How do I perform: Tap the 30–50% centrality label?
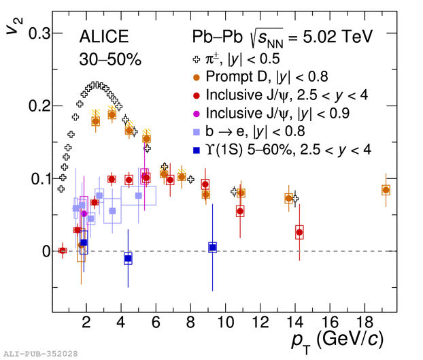tap(109, 60)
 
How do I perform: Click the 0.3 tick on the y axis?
tap(35, 33)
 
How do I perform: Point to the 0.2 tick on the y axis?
tap(35, 106)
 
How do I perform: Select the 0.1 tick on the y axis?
tap(35, 178)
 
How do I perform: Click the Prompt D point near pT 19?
tap(386, 190)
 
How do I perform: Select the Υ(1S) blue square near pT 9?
tap(212, 248)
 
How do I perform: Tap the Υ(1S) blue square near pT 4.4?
tap(128, 259)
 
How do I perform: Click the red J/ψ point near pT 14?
tap(299, 233)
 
